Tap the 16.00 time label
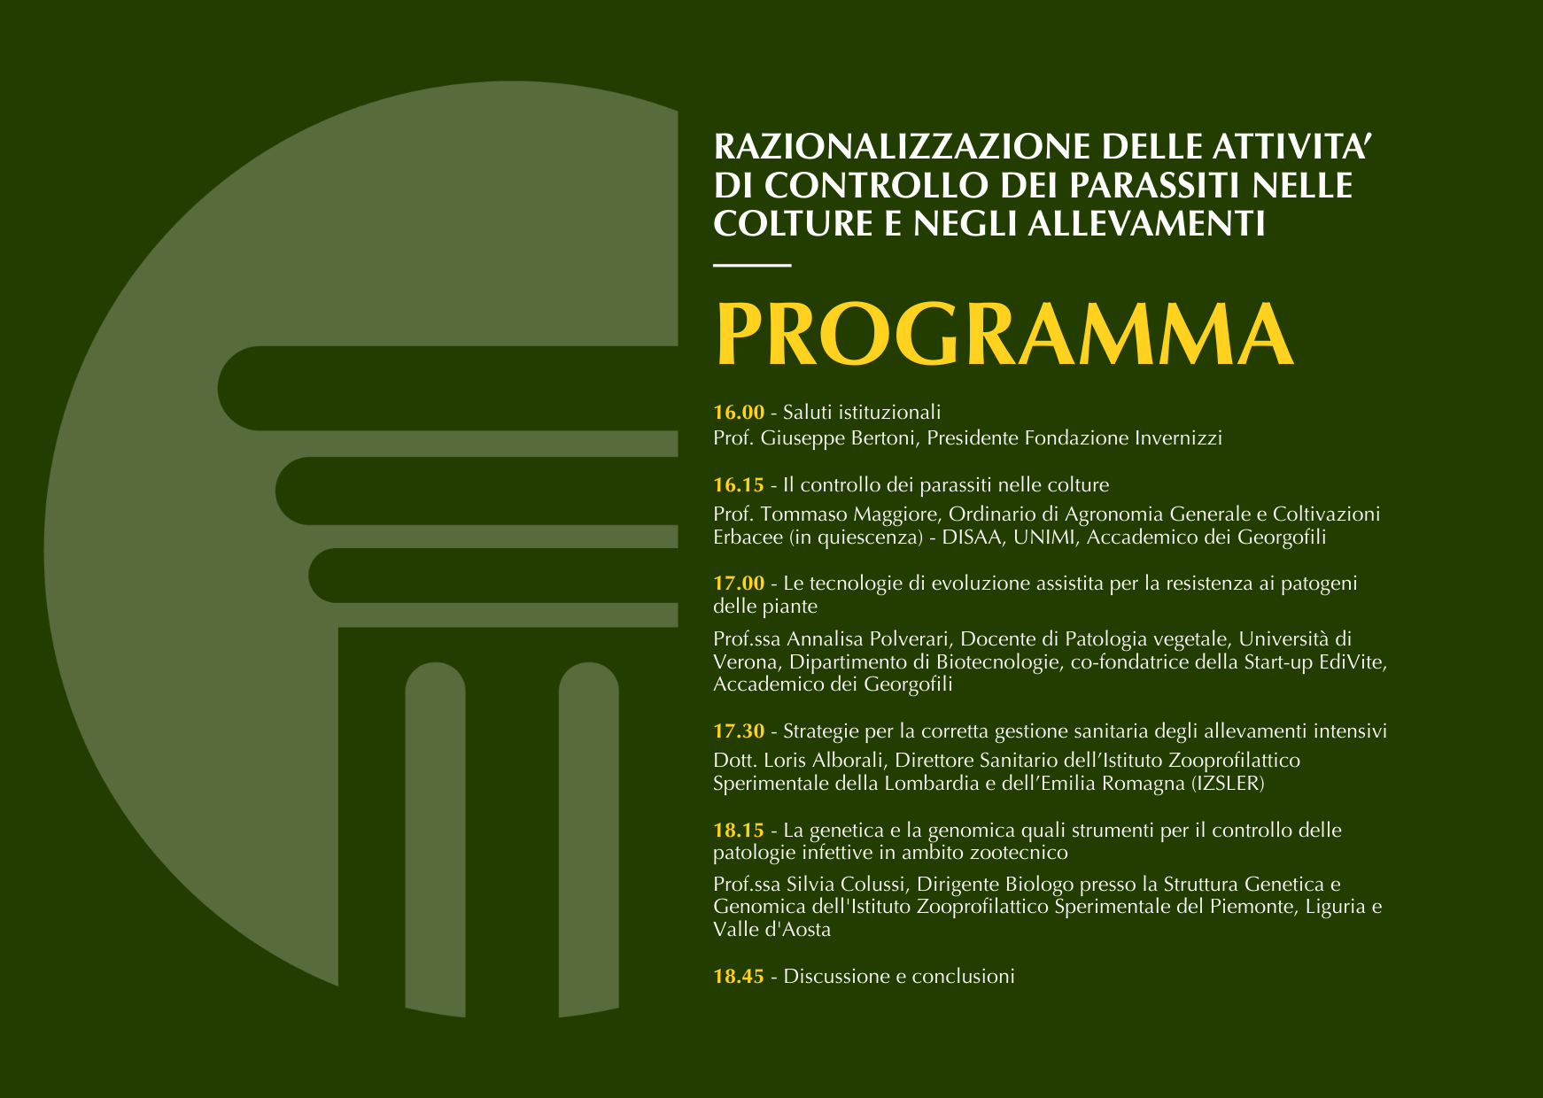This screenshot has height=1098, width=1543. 739,412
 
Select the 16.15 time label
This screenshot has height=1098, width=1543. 739,485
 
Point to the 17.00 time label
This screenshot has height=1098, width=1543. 739,584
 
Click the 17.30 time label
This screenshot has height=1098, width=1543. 739,731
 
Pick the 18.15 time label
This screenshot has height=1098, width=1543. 739,831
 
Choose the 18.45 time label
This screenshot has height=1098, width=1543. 739,977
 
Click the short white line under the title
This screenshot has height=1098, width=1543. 752,265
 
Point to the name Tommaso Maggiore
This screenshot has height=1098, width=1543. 854,514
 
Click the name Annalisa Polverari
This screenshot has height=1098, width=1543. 868,639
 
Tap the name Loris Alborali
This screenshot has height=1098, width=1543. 824,761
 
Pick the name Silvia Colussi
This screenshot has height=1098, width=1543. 846,885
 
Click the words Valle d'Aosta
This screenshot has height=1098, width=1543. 772,930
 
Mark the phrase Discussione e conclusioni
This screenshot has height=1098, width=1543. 899,977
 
